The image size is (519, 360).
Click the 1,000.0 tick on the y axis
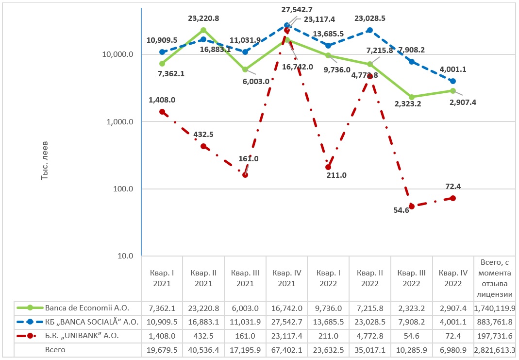click(119, 122)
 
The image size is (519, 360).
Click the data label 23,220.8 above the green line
click(203, 18)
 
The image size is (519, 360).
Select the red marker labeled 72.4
click(453, 198)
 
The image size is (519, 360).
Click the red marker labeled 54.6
click(412, 206)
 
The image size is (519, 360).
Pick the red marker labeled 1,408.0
click(162, 112)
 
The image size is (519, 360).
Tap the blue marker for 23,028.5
click(370, 30)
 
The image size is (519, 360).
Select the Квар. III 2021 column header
click(245, 278)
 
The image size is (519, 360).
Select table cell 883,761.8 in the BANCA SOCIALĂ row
click(495, 322)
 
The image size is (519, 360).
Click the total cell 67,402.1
click(287, 349)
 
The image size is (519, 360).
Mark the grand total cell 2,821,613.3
click(495, 349)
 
